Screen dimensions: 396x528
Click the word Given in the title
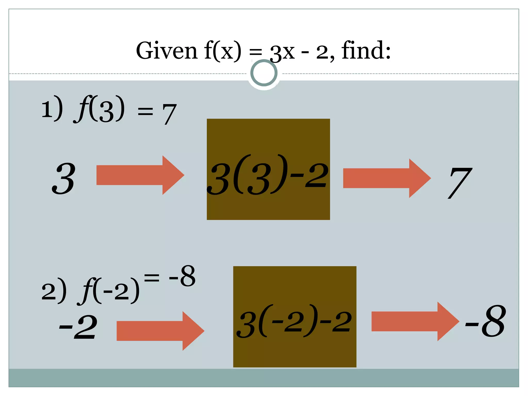click(x=166, y=51)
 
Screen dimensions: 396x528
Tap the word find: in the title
click(x=366, y=51)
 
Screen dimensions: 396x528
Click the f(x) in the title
click(x=223, y=51)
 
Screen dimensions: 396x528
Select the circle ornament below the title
click(x=264, y=73)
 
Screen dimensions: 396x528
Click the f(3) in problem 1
click(x=99, y=109)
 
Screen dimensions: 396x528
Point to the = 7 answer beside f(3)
click(x=157, y=113)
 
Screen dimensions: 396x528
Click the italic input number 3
click(x=64, y=178)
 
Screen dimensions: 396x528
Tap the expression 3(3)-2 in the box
click(x=268, y=175)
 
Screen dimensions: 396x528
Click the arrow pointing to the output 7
click(x=387, y=178)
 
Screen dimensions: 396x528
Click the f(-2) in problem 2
click(x=108, y=291)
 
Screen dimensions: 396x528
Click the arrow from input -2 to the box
click(x=160, y=331)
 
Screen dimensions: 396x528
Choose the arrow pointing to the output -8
click(x=415, y=321)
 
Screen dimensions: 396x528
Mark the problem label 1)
click(x=52, y=108)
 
